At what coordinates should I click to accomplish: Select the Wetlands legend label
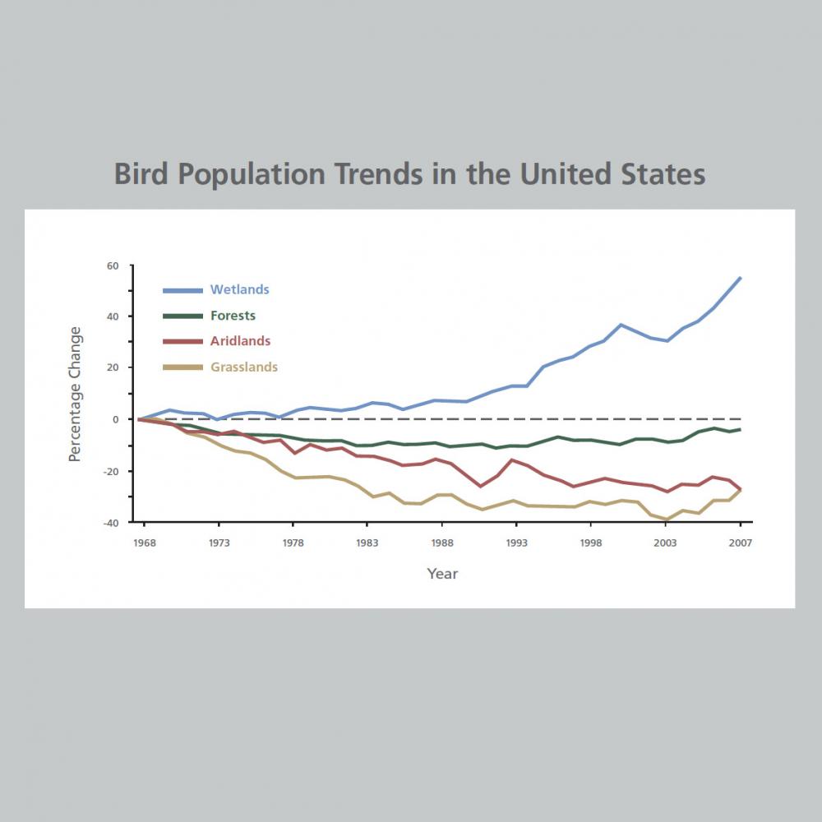239,289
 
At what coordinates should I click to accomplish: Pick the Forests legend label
233,316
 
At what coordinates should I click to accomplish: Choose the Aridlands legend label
240,341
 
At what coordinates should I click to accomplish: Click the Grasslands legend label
244,367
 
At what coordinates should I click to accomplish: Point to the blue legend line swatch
182,290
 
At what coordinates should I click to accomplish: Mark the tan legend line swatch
182,367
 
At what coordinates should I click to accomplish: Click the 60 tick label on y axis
113,266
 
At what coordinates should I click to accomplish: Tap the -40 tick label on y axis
110,522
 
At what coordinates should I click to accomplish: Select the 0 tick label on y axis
116,419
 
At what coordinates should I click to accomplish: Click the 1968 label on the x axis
145,543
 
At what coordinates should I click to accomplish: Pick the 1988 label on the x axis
442,543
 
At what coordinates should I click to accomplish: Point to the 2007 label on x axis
740,543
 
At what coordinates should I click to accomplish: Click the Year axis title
442,574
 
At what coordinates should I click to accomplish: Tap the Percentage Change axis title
75,394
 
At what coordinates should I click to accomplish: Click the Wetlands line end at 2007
741,278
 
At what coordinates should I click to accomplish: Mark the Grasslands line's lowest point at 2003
666,520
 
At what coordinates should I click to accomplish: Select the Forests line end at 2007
741,429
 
